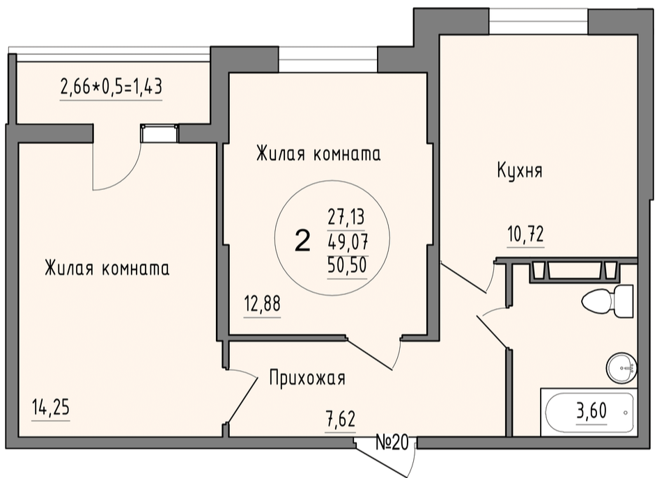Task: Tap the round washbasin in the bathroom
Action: (621, 367)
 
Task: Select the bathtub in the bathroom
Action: (589, 413)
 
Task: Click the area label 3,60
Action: (592, 411)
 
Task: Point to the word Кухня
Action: (520, 170)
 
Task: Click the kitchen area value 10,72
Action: (525, 234)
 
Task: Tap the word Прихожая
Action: (307, 379)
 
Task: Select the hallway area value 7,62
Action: (341, 419)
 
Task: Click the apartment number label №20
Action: (392, 443)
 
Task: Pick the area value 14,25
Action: (51, 408)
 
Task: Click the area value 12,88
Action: (262, 304)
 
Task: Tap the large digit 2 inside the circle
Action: (302, 241)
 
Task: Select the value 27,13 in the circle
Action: (346, 217)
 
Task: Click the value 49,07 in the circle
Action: (348, 241)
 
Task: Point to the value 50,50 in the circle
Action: (348, 264)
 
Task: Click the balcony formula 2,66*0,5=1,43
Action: (111, 87)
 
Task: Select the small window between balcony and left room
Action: (160, 134)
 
